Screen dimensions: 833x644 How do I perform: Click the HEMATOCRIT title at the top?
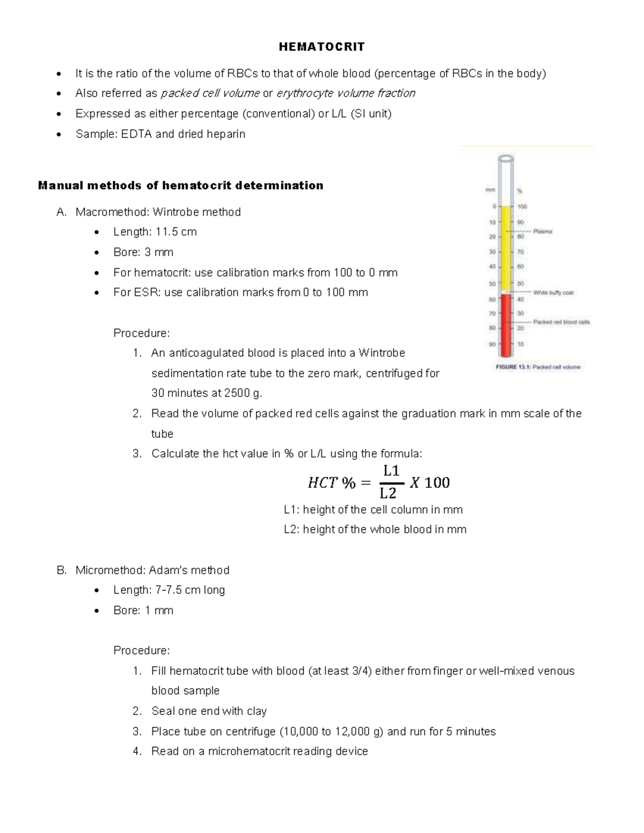[321, 47]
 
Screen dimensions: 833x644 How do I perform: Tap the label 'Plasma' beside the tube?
[543, 231]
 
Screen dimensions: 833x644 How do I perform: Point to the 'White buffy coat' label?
[553, 292]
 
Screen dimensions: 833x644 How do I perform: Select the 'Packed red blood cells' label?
[561, 322]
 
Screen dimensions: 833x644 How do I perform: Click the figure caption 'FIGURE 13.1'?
[537, 367]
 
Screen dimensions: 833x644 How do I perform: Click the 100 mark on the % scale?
[522, 207]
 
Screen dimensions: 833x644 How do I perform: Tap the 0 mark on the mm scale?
[494, 206]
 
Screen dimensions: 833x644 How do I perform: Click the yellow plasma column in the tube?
[506, 247]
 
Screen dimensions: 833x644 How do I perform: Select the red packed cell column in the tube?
[506, 325]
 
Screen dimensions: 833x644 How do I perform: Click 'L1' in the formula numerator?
[391, 471]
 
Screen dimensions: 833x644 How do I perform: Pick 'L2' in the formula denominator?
[388, 493]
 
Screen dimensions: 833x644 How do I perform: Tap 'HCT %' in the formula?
[331, 483]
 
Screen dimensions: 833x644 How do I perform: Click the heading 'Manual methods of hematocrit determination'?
[180, 186]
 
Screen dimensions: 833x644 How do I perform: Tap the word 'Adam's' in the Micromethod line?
[169, 570]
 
